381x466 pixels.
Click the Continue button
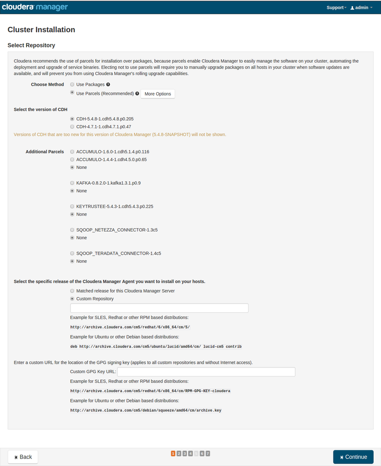point(353,457)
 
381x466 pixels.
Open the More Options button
point(158,94)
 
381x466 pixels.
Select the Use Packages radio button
point(72,84)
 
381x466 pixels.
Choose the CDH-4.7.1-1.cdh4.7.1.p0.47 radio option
point(72,126)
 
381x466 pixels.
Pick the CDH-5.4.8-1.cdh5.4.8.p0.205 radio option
point(72,119)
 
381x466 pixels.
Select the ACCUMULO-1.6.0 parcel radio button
point(72,152)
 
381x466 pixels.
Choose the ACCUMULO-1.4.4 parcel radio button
point(72,160)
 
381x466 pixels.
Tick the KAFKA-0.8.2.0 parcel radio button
point(72,183)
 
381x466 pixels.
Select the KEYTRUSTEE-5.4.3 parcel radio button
point(72,206)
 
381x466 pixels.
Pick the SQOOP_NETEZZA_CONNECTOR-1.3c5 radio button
point(72,230)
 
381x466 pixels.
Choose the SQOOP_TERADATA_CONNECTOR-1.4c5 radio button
point(72,253)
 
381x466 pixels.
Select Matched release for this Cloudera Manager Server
point(72,291)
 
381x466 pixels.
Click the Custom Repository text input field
point(159,308)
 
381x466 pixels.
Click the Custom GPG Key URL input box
point(206,372)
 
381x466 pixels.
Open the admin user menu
point(361,7)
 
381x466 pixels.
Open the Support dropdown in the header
point(336,7)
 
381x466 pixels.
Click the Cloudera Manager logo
point(35,7)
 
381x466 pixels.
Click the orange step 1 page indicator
point(173,453)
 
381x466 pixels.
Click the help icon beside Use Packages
point(108,84)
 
